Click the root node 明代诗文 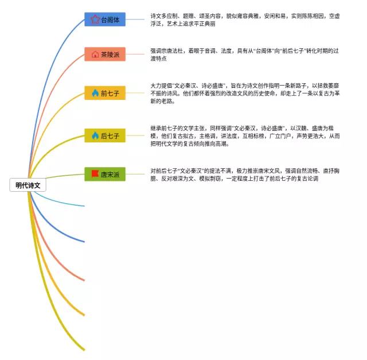28,185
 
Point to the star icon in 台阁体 95,20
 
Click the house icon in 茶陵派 95,55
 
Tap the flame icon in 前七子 95,93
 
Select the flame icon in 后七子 95,136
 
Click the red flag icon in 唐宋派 95,173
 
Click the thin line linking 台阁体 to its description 135,20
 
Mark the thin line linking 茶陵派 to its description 135,55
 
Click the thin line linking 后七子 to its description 135,136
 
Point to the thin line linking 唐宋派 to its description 135,174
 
